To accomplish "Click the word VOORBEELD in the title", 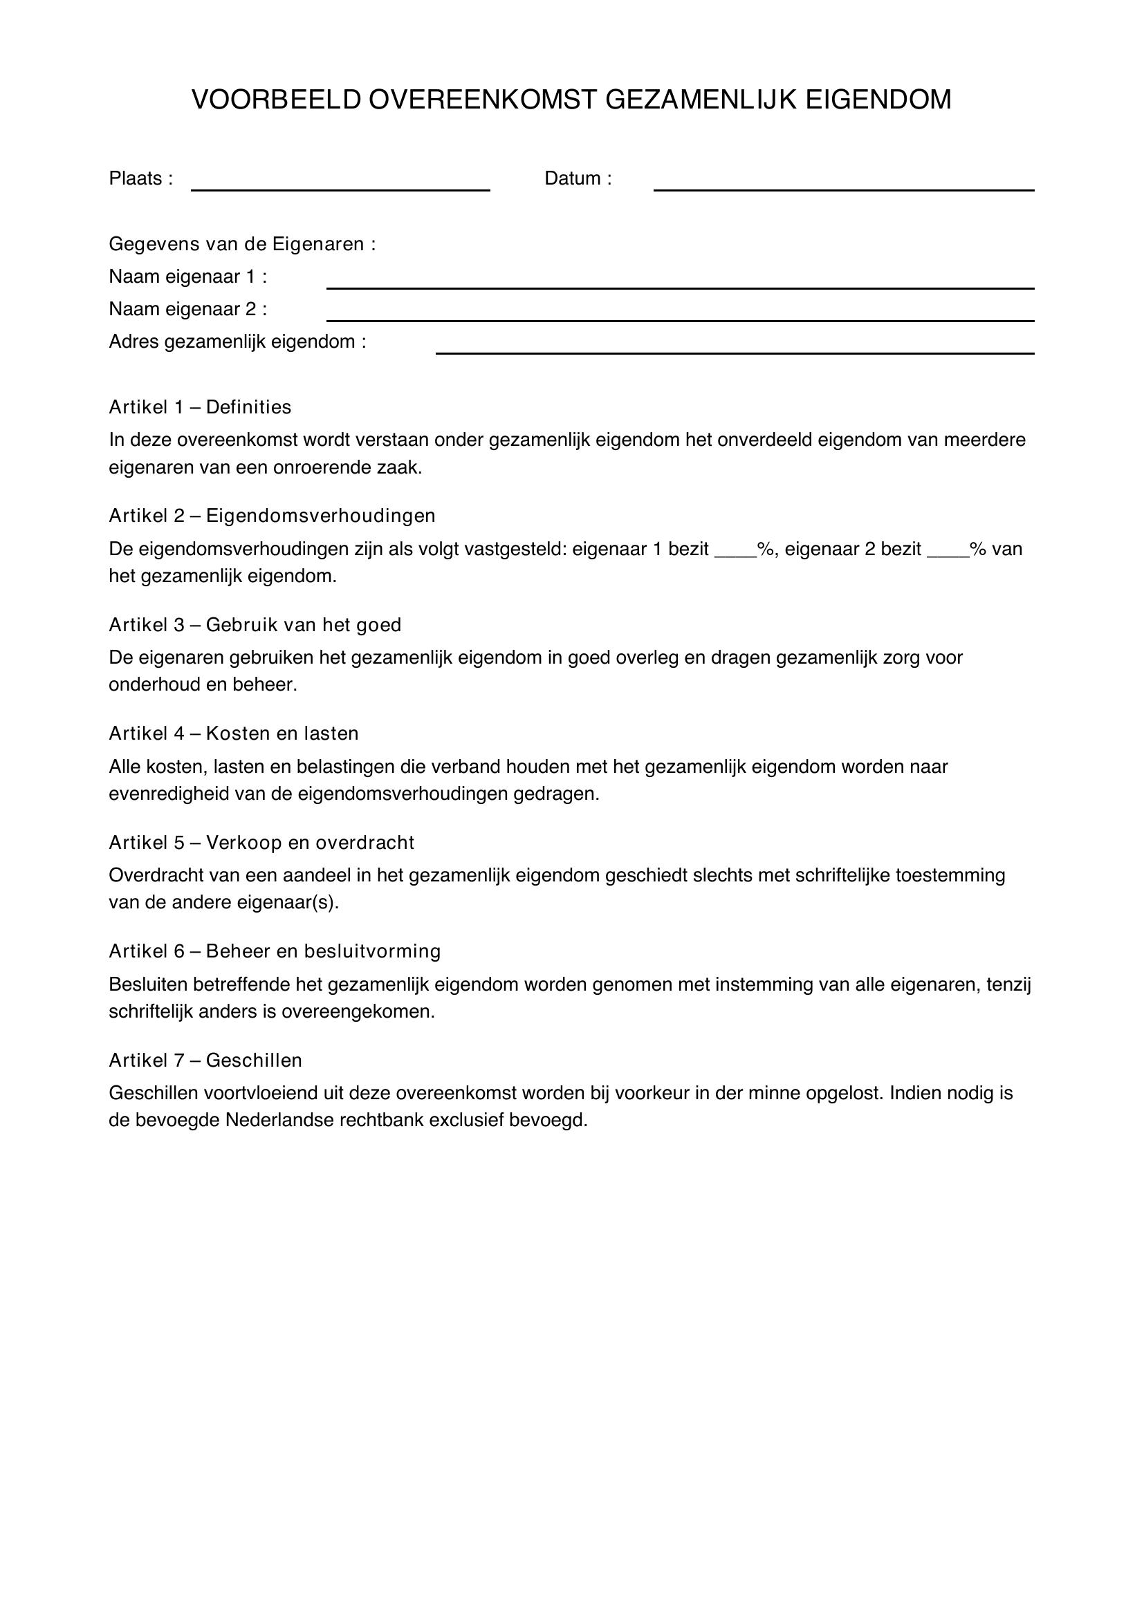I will (275, 100).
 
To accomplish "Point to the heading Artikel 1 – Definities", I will (200, 407).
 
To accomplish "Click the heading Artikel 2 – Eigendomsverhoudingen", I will (272, 516).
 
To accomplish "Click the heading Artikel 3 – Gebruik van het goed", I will (255, 625).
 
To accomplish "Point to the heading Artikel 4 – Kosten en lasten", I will (234, 734).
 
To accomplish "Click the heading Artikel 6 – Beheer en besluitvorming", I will (275, 951).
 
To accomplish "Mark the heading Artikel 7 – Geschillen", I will (205, 1060).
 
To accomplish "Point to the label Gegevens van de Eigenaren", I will (242, 244).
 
